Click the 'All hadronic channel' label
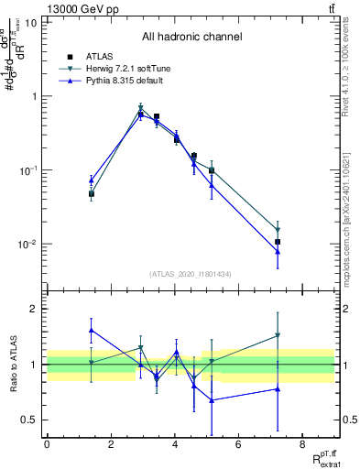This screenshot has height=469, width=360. (x=191, y=38)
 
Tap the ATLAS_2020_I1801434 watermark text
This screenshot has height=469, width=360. (x=191, y=274)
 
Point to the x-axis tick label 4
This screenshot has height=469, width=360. (x=175, y=444)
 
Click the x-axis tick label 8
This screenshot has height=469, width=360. (x=302, y=444)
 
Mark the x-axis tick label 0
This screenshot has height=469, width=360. (x=47, y=444)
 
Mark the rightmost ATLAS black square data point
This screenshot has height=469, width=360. (x=277, y=242)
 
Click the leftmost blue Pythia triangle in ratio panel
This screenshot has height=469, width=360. (x=92, y=330)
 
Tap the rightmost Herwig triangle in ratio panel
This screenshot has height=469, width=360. (x=277, y=336)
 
